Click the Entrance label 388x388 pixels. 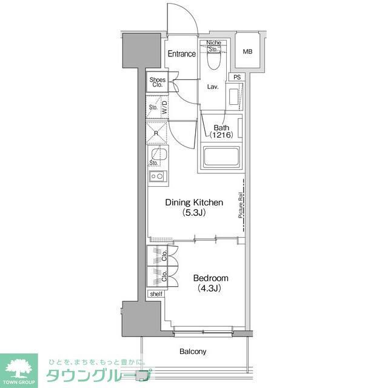point(181,54)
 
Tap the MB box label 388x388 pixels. point(247,52)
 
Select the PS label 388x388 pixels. point(236,77)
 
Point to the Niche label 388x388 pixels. point(213,42)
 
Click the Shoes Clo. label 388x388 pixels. point(158,83)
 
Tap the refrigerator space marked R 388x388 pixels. point(157,133)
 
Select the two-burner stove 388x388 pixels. point(158,176)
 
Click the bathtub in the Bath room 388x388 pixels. point(221,158)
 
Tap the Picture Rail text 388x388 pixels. point(241,206)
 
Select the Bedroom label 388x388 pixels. point(210,283)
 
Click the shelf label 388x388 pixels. point(156,294)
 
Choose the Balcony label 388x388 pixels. point(193,352)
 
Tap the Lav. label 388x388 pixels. point(213,87)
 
